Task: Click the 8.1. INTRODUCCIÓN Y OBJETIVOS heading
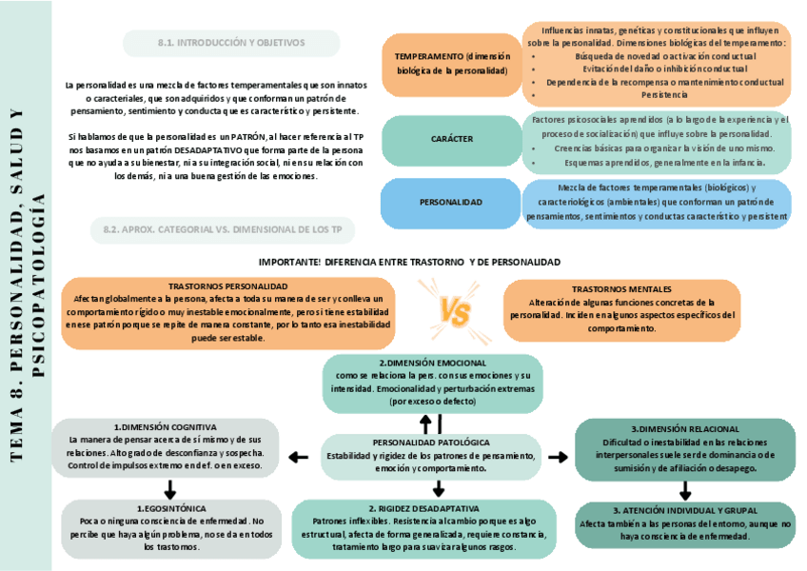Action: (231, 43)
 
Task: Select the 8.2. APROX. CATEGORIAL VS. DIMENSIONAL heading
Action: (223, 229)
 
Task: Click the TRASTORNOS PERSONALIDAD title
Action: (227, 285)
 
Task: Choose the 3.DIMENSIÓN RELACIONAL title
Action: (685, 429)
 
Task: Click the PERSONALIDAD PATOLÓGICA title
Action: (431, 443)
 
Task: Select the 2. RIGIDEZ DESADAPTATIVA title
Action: (423, 508)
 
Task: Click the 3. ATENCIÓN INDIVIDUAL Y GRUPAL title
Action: (685, 510)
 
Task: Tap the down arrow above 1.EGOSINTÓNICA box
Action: (169, 489)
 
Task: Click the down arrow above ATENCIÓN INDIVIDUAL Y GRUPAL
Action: (685, 490)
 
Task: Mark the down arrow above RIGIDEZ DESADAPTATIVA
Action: (439, 489)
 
